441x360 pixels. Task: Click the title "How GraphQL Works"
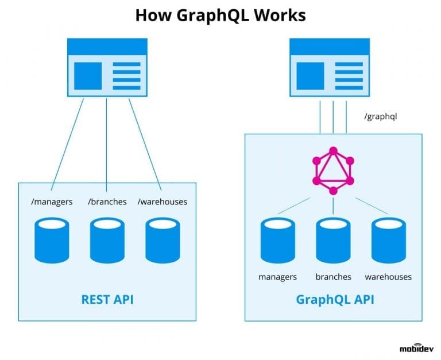[220, 16]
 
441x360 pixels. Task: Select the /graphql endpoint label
[381, 117]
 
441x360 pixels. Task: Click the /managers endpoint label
[52, 202]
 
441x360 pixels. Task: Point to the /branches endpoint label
[107, 202]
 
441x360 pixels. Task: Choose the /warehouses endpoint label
[163, 202]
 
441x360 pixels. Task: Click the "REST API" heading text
[107, 299]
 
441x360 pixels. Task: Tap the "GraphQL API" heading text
[333, 299]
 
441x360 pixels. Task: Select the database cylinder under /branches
[107, 240]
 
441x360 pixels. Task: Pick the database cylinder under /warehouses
[163, 240]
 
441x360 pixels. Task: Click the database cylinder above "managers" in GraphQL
[278, 240]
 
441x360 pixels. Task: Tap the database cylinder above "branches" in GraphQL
[333, 240]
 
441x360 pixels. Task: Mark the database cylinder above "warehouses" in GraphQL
[388, 240]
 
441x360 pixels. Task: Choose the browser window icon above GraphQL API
[330, 67]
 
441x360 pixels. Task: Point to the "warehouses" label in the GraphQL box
[388, 277]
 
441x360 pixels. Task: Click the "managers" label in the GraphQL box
[278, 277]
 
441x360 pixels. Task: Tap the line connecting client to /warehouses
[145, 144]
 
